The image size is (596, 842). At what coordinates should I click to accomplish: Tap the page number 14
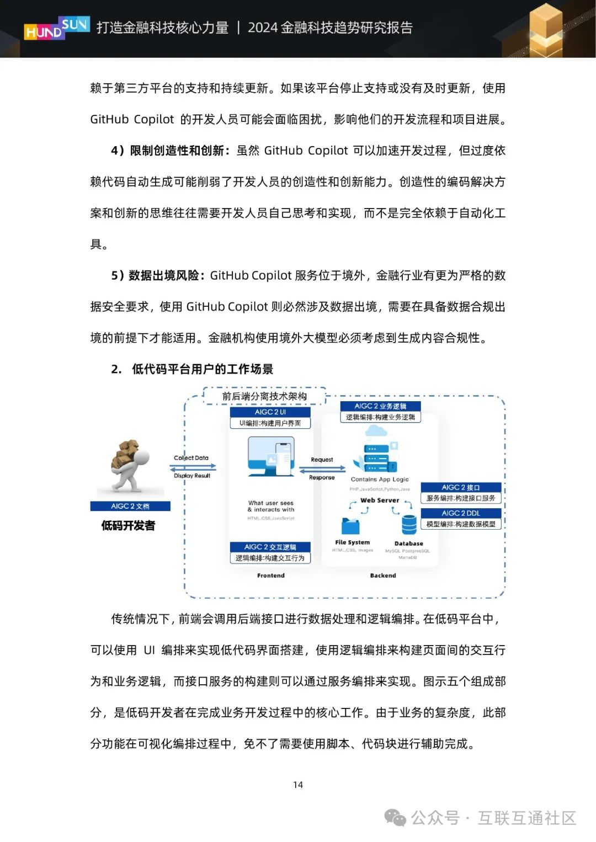coord(298,785)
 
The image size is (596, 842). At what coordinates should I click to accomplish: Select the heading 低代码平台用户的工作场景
coord(203,369)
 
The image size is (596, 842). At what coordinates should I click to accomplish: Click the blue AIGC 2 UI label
coord(270,412)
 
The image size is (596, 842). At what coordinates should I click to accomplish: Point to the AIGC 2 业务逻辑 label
coord(380,406)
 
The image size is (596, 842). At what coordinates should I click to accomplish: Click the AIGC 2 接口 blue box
coord(461,487)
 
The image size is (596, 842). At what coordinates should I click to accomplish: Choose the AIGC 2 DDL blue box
coord(461,513)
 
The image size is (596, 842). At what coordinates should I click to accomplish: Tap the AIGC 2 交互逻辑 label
coord(270,547)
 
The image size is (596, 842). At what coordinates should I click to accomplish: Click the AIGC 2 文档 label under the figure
coord(130,506)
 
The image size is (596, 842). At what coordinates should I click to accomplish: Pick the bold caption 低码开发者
coord(128,525)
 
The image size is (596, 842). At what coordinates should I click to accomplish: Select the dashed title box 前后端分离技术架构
coord(264,396)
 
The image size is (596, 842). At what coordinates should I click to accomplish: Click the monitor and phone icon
coord(271,457)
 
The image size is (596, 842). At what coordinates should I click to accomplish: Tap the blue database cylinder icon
coord(409,525)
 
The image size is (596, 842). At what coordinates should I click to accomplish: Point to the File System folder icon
coord(351,526)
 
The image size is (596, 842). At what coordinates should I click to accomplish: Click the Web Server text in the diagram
coord(380,500)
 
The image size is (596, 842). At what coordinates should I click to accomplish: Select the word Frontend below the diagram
coord(271,575)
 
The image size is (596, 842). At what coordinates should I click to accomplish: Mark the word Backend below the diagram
coord(383,575)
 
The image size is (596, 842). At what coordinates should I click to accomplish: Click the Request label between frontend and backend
coord(322,460)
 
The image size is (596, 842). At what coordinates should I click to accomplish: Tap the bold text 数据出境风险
coord(163,275)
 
